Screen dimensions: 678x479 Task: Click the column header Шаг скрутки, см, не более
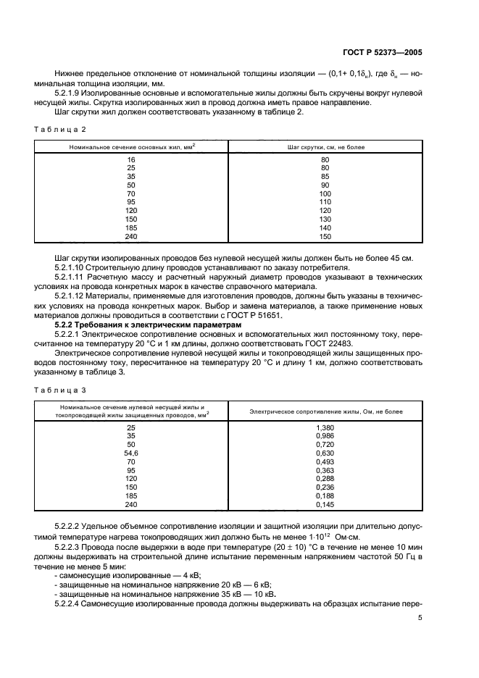[x=325, y=147]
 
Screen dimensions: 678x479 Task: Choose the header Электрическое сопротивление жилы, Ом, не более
[x=325, y=411]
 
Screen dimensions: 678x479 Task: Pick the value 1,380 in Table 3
[x=325, y=428]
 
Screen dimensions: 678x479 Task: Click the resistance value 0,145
[x=325, y=504]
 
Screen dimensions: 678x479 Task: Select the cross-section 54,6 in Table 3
[x=131, y=453]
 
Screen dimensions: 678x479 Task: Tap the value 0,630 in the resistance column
[x=325, y=453]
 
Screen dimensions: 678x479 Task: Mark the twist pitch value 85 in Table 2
[x=325, y=176]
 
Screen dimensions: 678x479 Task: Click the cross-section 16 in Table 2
[x=131, y=159]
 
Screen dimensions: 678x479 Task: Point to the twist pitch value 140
[x=325, y=227]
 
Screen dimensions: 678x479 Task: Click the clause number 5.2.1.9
[x=70, y=93]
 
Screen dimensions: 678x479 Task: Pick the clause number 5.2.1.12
[x=72, y=297]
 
